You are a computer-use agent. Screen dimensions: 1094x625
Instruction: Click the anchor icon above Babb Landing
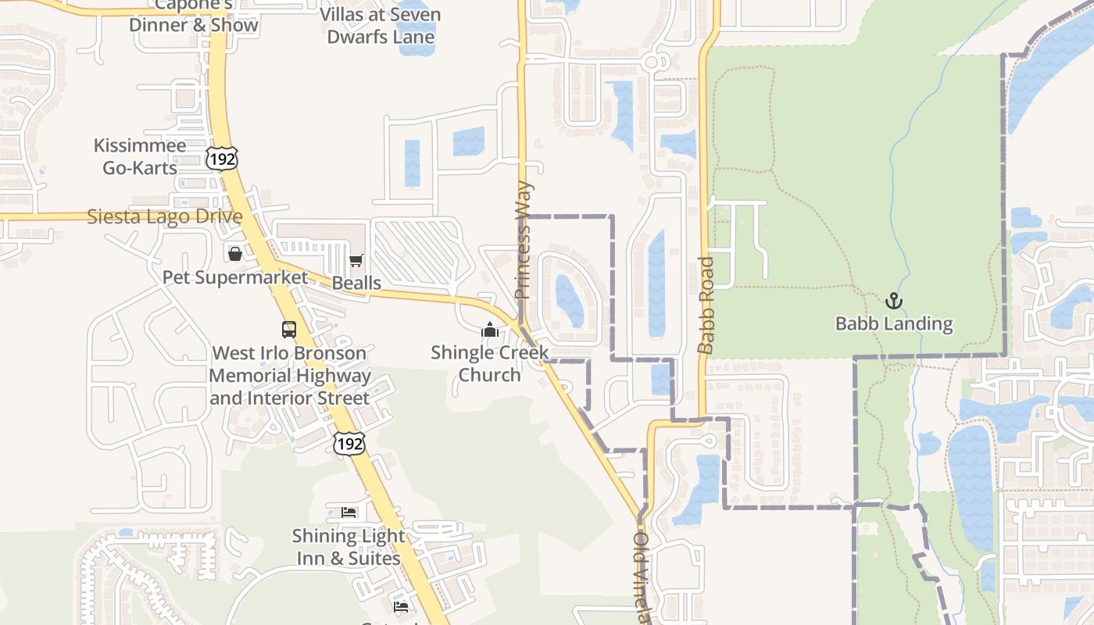893,301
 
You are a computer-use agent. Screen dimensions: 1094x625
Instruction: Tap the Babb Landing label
894,323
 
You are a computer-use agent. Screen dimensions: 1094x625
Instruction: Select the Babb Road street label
706,305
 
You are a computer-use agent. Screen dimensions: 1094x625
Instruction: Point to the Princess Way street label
523,241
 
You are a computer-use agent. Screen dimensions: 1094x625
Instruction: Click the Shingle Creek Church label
490,364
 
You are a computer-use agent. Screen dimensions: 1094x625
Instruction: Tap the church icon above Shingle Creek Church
490,330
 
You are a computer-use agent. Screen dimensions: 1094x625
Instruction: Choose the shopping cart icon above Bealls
356,260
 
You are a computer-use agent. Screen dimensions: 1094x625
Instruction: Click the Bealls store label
356,283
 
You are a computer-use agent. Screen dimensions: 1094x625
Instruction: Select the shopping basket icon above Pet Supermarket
234,254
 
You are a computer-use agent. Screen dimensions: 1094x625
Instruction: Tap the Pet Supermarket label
235,277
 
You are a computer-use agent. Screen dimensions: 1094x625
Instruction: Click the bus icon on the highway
289,330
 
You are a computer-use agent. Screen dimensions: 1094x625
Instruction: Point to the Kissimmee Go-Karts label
140,156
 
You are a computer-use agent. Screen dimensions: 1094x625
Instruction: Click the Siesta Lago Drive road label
164,216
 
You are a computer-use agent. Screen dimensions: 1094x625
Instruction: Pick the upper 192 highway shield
222,159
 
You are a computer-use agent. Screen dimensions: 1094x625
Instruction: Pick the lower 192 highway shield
348,444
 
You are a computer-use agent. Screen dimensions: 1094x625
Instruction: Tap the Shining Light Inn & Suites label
349,547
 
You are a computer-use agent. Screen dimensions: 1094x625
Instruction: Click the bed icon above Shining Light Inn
349,512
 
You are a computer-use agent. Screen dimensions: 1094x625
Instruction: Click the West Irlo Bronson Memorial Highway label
289,376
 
